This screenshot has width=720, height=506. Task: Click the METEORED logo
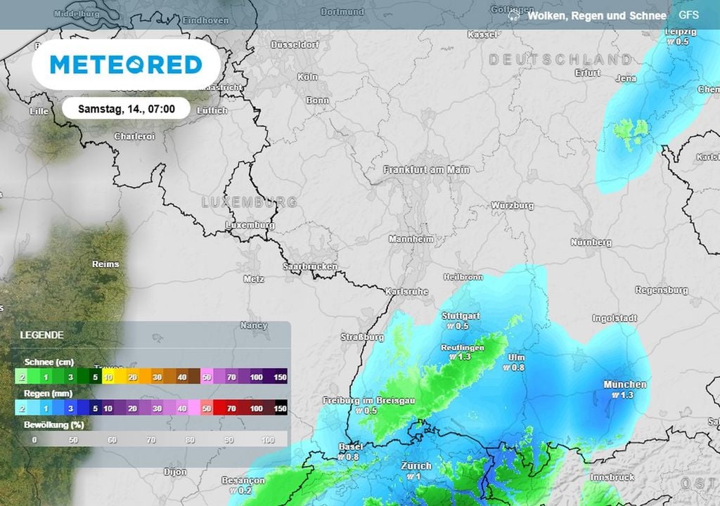pyautogui.click(x=126, y=65)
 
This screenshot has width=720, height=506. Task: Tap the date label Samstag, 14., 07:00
pyautogui.click(x=127, y=109)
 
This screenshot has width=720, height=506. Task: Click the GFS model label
pyautogui.click(x=688, y=15)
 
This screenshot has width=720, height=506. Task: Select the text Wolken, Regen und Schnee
pyautogui.click(x=596, y=15)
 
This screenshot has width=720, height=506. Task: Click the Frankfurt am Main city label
pyautogui.click(x=426, y=169)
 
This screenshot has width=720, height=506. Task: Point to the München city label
pyautogui.click(x=624, y=384)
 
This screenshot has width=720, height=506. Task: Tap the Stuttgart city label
pyautogui.click(x=461, y=316)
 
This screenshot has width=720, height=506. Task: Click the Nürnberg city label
pyautogui.click(x=591, y=242)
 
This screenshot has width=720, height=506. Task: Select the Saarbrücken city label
pyautogui.click(x=309, y=267)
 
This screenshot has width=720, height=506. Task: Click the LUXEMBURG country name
pyautogui.click(x=249, y=202)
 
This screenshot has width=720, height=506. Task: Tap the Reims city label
pyautogui.click(x=105, y=264)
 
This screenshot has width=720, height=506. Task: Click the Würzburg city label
pyautogui.click(x=512, y=206)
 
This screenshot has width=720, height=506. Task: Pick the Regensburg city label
pyautogui.click(x=661, y=290)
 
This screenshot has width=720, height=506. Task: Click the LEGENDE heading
pyautogui.click(x=41, y=335)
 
